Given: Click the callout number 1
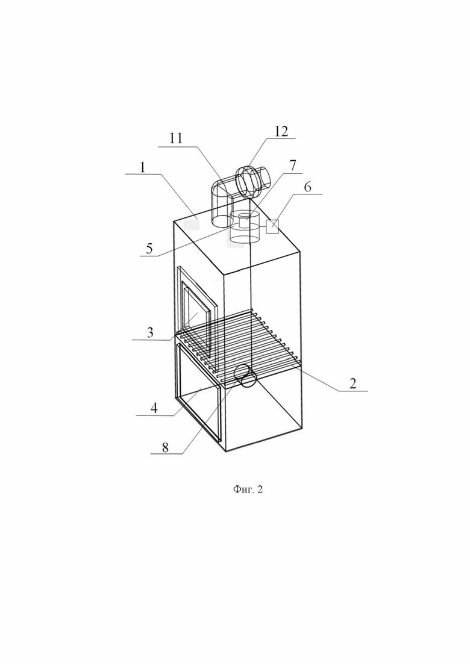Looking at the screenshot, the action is point(142,167).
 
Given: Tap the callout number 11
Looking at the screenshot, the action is point(176,138).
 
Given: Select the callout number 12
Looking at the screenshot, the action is point(281,131).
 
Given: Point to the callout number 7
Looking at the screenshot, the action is point(293,165).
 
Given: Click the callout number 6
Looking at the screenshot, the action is point(308,187).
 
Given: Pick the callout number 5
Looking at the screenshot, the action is point(149,248).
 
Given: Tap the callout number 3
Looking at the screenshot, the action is point(150,332).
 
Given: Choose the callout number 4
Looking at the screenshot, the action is point(154,408).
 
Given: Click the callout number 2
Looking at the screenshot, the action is point(352,383).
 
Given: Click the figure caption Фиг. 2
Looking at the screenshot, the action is point(248,489).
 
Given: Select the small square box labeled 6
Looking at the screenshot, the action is point(272,226).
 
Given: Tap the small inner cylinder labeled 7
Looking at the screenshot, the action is point(245,220).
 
